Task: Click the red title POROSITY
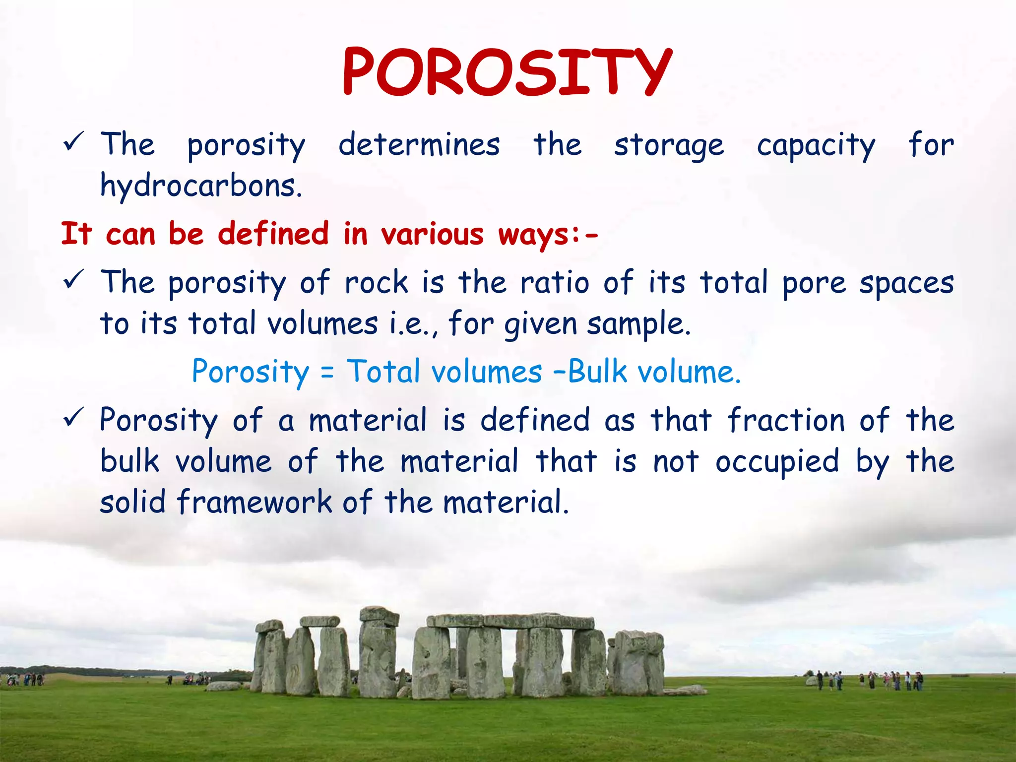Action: click(507, 72)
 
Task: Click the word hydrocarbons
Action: click(201, 186)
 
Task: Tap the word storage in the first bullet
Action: click(669, 145)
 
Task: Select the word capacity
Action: click(816, 145)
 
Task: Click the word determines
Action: click(419, 145)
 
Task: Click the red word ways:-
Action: click(548, 234)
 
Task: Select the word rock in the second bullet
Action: click(376, 283)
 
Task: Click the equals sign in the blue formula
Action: click(327, 372)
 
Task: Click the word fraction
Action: click(786, 420)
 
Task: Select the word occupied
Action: click(777, 462)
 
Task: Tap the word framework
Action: click(254, 502)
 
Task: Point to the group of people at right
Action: click(868, 681)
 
